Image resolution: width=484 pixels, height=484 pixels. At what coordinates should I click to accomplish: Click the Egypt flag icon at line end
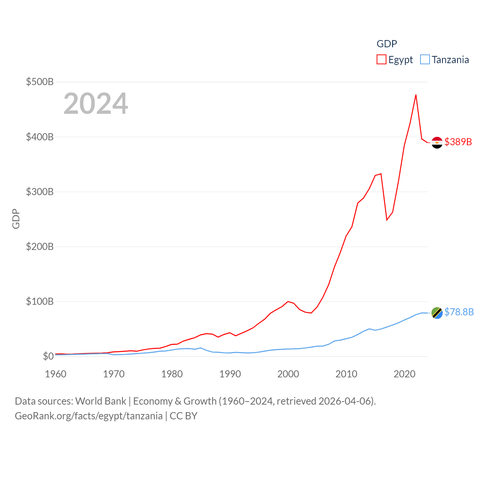click(437, 143)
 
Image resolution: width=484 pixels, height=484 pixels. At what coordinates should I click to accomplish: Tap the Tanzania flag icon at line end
click(437, 313)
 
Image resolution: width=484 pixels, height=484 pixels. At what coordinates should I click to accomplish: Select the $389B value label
click(458, 142)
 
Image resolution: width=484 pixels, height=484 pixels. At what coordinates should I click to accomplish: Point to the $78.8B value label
click(459, 312)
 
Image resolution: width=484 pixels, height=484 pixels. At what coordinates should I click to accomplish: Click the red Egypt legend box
click(381, 60)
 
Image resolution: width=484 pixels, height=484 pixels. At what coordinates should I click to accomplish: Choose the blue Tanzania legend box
click(425, 60)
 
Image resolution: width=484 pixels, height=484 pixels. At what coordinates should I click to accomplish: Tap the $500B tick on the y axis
click(40, 82)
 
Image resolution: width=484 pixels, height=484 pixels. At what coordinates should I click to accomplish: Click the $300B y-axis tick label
click(40, 192)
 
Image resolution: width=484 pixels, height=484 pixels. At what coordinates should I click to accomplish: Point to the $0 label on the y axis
click(48, 356)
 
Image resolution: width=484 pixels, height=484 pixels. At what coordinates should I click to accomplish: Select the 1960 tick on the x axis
click(56, 374)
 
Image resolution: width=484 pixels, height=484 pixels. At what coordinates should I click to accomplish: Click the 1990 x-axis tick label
click(230, 374)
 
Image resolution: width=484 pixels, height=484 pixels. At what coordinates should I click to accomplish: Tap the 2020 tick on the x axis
click(404, 374)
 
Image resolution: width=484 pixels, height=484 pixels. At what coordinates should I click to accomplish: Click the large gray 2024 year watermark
click(96, 103)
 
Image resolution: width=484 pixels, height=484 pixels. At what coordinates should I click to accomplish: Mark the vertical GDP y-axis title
click(16, 219)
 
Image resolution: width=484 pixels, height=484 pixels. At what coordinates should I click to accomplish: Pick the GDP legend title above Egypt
click(386, 44)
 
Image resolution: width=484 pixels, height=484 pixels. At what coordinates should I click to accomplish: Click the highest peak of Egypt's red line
click(416, 95)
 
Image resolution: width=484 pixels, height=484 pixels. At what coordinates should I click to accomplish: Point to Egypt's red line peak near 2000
click(288, 301)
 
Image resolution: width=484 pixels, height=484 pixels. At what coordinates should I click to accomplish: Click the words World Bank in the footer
click(101, 401)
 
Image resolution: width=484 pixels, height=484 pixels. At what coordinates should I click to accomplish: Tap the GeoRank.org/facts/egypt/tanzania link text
click(88, 416)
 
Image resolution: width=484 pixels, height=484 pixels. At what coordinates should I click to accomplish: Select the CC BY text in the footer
click(183, 416)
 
